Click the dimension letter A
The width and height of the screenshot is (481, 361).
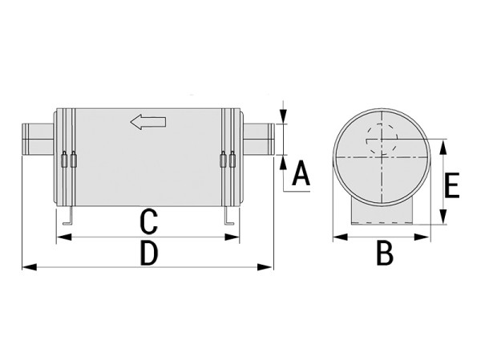click(301, 173)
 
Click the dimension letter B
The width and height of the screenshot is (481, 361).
click(385, 254)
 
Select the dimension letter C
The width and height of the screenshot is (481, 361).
click(149, 221)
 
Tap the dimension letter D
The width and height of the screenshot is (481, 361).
click(149, 254)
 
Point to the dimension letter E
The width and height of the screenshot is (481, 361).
click(451, 185)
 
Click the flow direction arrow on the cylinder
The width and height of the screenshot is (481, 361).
click(148, 122)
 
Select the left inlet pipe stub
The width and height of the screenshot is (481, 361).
click(38, 139)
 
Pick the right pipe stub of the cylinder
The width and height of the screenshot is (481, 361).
click(259, 139)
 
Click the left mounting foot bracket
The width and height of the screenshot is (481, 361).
click(68, 216)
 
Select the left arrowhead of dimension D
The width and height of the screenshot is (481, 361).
click(30, 267)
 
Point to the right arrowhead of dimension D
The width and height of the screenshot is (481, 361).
click(265, 267)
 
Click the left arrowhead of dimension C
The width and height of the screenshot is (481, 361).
click(64, 237)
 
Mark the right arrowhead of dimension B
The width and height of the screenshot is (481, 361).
click(422, 237)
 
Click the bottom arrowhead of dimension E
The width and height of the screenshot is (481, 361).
click(443, 217)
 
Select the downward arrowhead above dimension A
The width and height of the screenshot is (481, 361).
click(284, 116)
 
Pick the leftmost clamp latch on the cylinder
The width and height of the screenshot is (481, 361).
click(64, 160)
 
